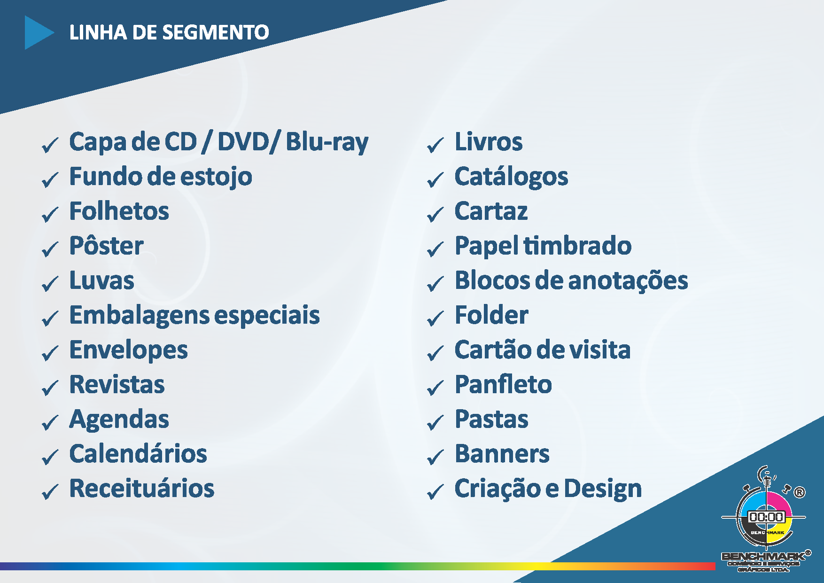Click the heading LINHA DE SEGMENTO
pyautogui.click(x=169, y=32)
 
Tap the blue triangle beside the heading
pyautogui.click(x=38, y=32)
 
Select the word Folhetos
pyautogui.click(x=119, y=211)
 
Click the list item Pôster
pyautogui.click(x=107, y=245)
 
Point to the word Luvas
pyautogui.click(x=102, y=280)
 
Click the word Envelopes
pyautogui.click(x=129, y=350)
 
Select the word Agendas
pyautogui.click(x=119, y=420)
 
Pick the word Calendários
pyautogui.click(x=138, y=454)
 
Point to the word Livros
pyautogui.click(x=489, y=142)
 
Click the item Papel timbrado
pyautogui.click(x=543, y=246)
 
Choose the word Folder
pyautogui.click(x=492, y=315)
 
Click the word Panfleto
pyautogui.click(x=504, y=385)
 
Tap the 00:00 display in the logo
pyautogui.click(x=766, y=517)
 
